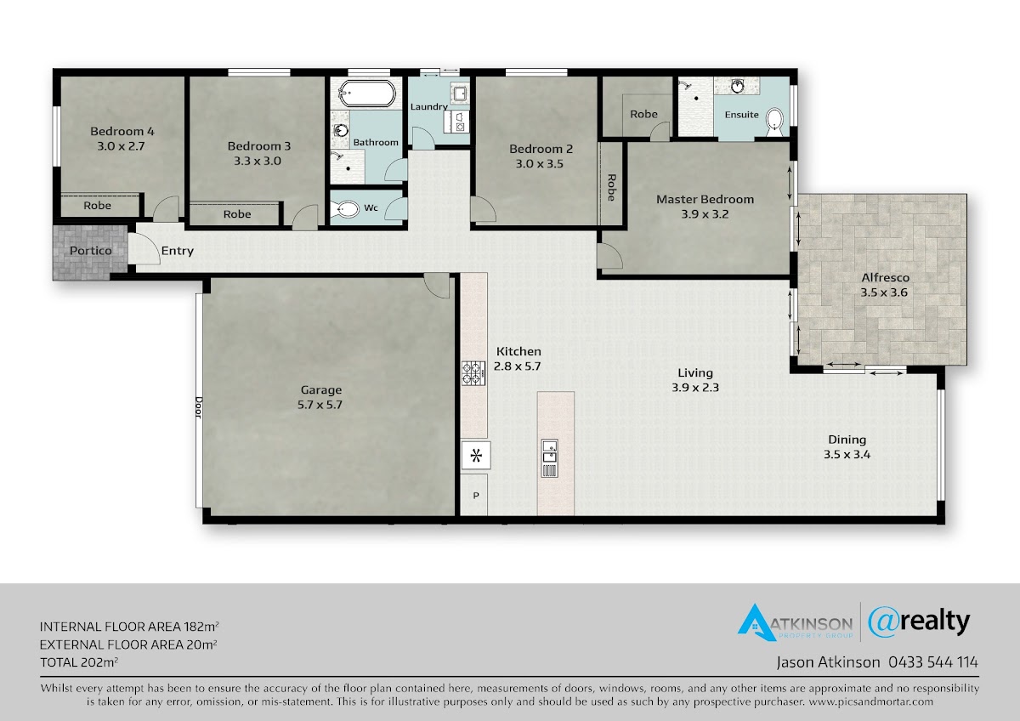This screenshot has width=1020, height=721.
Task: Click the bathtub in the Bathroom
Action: coord(366,94)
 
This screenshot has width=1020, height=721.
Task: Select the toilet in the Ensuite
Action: coord(774,122)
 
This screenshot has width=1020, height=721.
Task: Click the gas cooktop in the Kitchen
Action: coord(473,373)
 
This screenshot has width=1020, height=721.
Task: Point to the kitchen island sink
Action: coord(549,457)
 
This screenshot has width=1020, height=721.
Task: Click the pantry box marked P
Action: coord(474,495)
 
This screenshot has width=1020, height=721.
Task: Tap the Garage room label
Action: coord(320,390)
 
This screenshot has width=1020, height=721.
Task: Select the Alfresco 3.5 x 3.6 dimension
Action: coord(884,292)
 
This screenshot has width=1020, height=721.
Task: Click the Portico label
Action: coord(91,251)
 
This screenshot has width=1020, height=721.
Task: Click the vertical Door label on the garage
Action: coord(199,406)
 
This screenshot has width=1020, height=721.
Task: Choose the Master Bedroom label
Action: coord(705,199)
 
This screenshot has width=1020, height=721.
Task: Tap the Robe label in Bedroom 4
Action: coord(97,206)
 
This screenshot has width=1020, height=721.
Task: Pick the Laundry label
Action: coord(429,106)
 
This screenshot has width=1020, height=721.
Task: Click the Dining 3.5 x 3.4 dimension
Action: coord(847,455)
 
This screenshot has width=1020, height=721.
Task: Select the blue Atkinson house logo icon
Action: coord(756,622)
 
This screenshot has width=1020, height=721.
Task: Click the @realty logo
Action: coord(919,622)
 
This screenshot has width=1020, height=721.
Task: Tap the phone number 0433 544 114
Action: coord(933,662)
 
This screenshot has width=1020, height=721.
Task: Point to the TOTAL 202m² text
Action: coord(79,661)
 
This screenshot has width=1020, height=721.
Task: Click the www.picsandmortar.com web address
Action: coord(870,702)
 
